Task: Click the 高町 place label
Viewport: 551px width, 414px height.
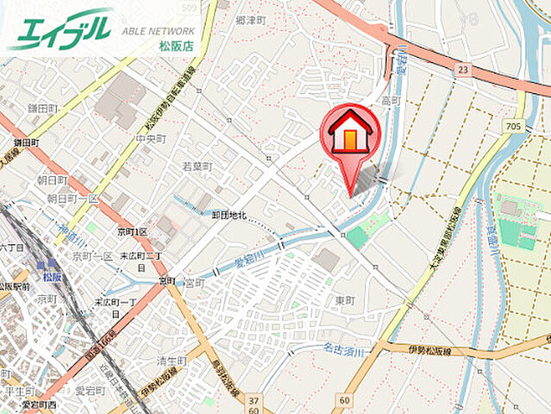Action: [x=391, y=101]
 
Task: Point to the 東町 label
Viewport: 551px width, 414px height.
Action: [x=344, y=300]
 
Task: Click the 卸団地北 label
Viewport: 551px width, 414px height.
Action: [x=229, y=216]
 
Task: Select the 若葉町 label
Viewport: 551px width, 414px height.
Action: [x=197, y=166]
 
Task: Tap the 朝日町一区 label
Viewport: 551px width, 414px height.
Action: [x=72, y=198]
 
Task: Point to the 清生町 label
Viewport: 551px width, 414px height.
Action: [x=172, y=361]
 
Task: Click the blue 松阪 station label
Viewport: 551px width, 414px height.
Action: [x=53, y=277]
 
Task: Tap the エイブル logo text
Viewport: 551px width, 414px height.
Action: [x=60, y=29]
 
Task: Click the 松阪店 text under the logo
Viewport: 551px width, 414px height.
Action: [x=176, y=46]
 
